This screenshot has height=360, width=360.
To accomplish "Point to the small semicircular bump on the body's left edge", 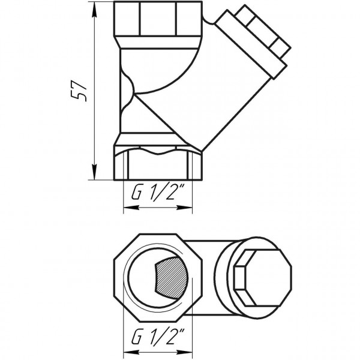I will click(127, 92).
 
